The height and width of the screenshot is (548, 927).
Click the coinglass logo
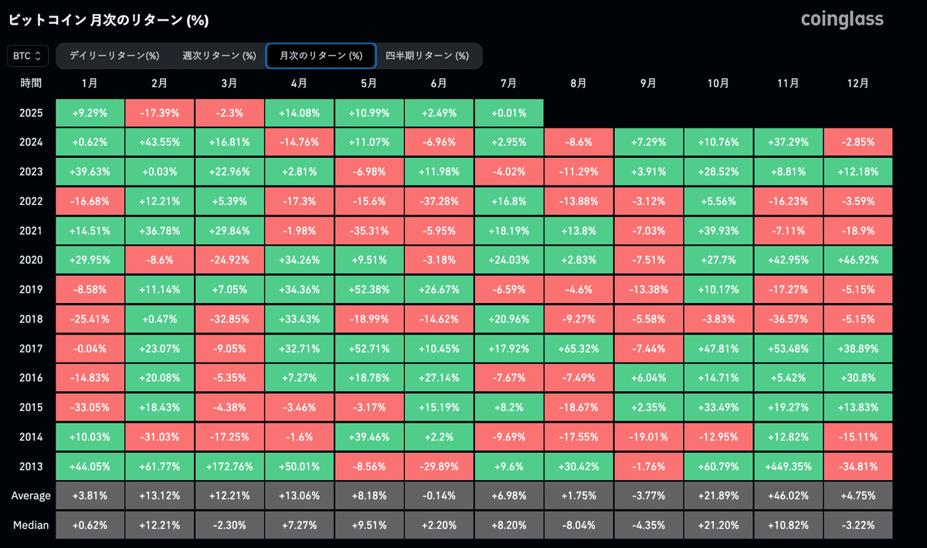(842, 19)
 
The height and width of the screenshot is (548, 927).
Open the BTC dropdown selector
(28, 56)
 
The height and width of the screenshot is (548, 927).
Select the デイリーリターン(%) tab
(114, 56)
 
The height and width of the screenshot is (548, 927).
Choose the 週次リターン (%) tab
(219, 56)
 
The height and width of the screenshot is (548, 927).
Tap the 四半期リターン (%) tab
(427, 56)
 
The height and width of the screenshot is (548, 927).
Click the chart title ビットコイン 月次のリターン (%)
(108, 20)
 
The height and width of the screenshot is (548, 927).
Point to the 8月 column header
(579, 83)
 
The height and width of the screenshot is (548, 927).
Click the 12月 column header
(857, 83)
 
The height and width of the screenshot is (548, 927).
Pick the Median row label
(32, 525)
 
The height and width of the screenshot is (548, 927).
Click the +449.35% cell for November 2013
(788, 466)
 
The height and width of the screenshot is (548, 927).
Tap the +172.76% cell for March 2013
(229, 466)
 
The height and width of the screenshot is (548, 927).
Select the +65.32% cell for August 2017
(579, 348)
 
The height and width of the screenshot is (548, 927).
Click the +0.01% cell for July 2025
(509, 113)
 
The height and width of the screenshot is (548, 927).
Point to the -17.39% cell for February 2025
(160, 113)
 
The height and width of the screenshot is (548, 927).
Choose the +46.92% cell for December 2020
(857, 260)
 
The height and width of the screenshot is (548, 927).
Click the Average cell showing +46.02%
(788, 495)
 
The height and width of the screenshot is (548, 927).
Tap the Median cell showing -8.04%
(579, 525)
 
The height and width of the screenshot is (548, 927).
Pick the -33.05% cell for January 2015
(90, 407)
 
